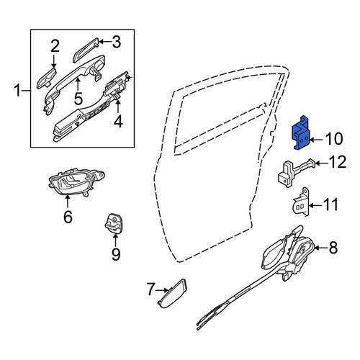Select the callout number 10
point(334,139)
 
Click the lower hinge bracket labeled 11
point(300,202)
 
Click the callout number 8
point(333,248)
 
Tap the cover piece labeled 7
point(172,294)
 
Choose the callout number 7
point(150,289)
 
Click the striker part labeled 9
point(113,222)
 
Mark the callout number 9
point(116,254)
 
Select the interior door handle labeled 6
point(76,183)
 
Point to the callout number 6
point(68,217)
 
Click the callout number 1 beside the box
point(17,91)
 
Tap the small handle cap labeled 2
point(46,78)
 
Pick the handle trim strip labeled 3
point(86,50)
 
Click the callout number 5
point(78,99)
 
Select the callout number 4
point(118,122)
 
